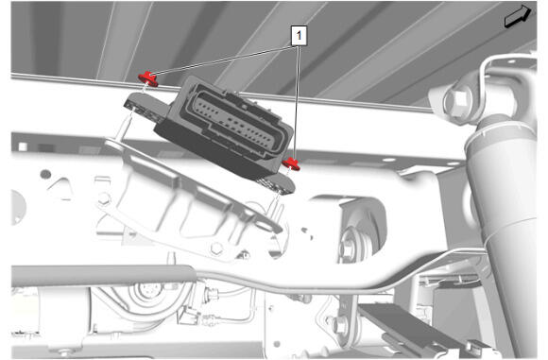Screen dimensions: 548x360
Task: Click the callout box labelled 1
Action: (299, 35)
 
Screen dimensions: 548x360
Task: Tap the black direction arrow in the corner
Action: (518, 16)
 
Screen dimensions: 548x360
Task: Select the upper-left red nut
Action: (148, 78)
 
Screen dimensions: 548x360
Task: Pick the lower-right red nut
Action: (291, 163)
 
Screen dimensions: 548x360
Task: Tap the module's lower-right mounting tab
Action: (278, 183)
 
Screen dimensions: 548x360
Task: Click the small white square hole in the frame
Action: (23, 146)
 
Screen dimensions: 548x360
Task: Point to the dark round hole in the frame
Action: (45, 174)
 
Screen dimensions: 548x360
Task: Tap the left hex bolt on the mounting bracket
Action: (104, 199)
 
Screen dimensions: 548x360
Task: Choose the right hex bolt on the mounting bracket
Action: (216, 249)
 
